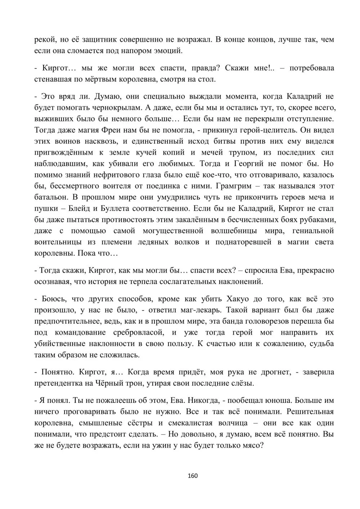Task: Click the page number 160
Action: click(x=193, y=476)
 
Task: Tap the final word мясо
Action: click(x=253, y=445)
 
